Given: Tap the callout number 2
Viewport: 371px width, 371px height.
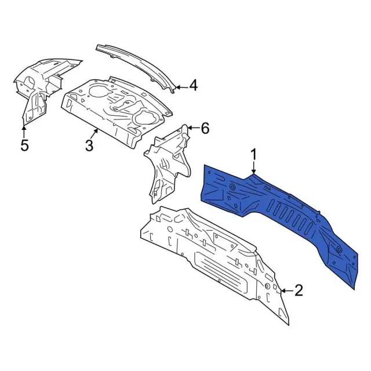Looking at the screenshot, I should point(299,290).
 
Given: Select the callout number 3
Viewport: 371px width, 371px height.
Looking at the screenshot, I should point(89,145).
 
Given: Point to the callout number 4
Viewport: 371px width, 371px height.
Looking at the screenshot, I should point(193,86).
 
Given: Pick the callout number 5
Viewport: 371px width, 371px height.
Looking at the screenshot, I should point(24,145).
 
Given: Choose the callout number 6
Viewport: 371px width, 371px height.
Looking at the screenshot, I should point(205,128).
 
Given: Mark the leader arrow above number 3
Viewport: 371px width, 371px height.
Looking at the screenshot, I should point(97,132).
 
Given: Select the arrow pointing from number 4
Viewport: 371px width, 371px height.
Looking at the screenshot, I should point(180,87).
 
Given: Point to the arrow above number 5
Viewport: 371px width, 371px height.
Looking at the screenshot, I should point(24,130).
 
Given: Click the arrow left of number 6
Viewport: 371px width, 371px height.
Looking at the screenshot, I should point(191,128).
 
